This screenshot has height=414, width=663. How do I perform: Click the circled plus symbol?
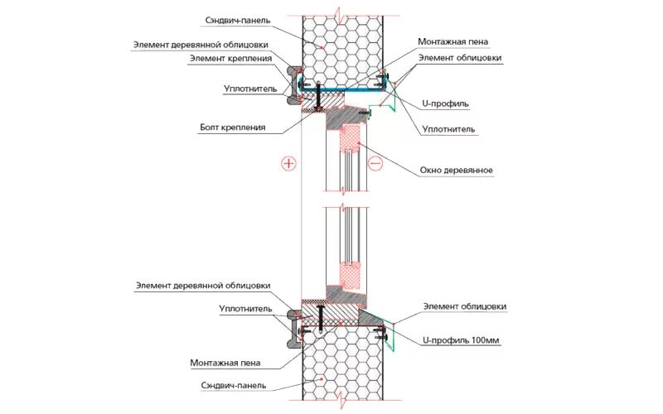pos(288,163)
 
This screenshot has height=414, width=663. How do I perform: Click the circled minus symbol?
pos(375,163)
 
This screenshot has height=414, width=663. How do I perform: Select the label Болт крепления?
pos(232,128)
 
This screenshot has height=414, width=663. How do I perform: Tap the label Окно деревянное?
pos(456,170)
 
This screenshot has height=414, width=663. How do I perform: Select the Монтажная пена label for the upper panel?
pos(453,41)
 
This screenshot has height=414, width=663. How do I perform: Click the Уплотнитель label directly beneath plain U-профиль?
pos(448,129)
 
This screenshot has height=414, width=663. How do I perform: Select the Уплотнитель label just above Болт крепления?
pos(244,88)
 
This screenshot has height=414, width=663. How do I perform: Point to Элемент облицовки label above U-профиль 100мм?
pos(464,306)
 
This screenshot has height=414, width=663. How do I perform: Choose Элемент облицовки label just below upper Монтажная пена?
pos(459,58)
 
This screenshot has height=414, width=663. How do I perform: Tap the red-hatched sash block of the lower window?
pos(351,277)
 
